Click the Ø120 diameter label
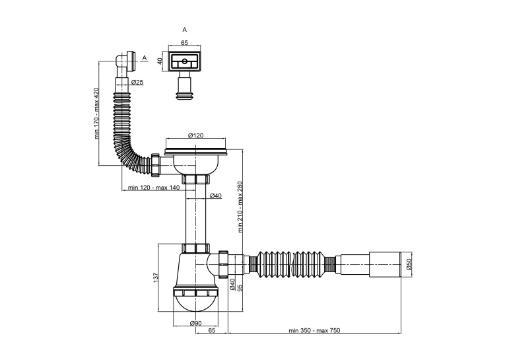point(196,135)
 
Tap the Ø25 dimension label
point(137,82)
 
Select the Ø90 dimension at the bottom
point(195,323)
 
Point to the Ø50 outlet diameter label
point(409,264)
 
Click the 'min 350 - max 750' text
point(314,330)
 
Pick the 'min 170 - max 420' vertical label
point(97,113)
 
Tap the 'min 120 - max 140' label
point(154,188)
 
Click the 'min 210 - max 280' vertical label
point(240,207)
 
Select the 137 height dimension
point(155,278)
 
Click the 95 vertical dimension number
point(240,287)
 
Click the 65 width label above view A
point(185,42)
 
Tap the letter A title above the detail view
point(185,30)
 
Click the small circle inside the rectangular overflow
point(185,61)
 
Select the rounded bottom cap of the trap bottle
point(196,304)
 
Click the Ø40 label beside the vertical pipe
point(215,196)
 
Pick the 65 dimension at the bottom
point(212,330)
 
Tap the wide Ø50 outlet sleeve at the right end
point(384,264)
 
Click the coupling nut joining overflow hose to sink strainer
point(156,165)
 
